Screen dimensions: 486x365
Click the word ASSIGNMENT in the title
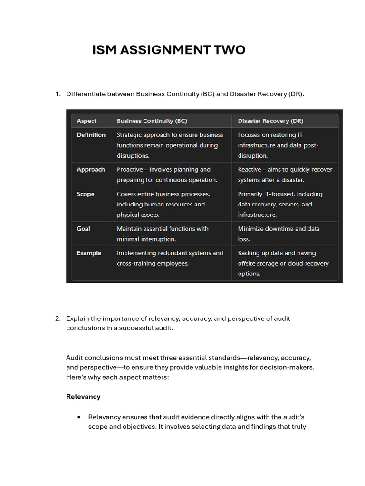[168, 50]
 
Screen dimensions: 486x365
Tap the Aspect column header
[86, 121]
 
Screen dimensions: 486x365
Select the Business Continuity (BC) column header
[152, 121]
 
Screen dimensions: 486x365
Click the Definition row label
[91, 135]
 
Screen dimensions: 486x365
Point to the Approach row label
[90, 169]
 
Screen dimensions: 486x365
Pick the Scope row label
[86, 194]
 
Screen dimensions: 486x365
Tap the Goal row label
[83, 229]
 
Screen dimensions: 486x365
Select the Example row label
[89, 253]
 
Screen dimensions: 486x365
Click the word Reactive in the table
[250, 169]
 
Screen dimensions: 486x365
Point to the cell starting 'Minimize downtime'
[279, 234]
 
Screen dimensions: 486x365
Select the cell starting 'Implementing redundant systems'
[170, 258]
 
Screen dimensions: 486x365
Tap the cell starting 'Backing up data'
[283, 263]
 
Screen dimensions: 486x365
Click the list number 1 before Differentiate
[58, 94]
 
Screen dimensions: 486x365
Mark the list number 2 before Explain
[58, 318]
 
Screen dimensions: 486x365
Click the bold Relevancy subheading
[83, 397]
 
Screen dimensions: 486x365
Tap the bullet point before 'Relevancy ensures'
[78, 417]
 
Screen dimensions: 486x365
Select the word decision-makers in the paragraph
[290, 368]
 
